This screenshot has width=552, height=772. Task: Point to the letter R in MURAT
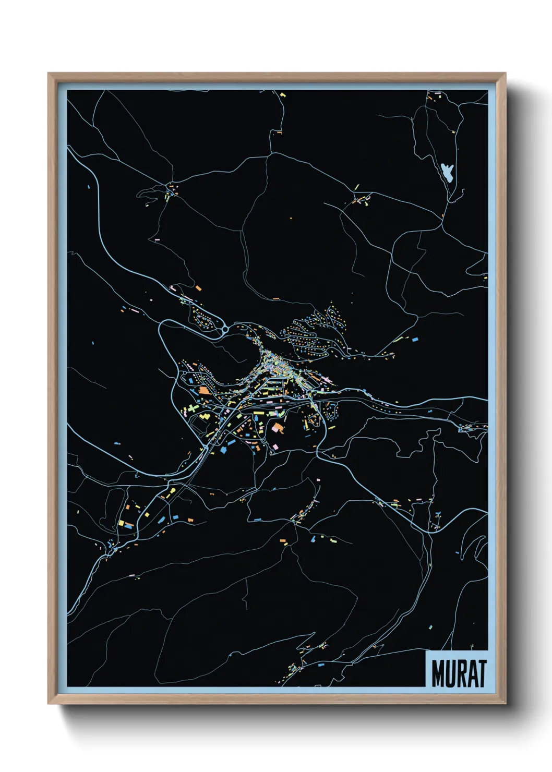(460, 673)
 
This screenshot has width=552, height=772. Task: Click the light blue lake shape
(447, 171)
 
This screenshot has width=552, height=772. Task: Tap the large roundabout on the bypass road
(224, 330)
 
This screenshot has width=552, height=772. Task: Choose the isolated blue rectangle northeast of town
(416, 339)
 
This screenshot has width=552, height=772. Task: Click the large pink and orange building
(278, 429)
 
